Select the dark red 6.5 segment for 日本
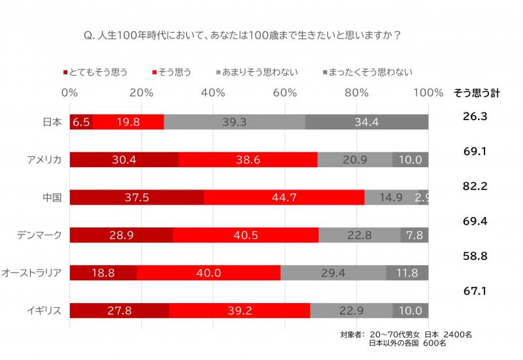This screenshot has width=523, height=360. [81, 122]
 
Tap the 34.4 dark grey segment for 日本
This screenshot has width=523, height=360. [367, 122]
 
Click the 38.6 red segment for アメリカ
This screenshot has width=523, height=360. [248, 160]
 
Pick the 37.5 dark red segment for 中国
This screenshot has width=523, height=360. [137, 197]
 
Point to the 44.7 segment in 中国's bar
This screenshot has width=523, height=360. [284, 197]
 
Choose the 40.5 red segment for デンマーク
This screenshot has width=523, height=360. [246, 235]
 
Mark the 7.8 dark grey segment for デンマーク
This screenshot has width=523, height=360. [414, 235]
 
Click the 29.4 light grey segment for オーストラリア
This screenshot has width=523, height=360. [333, 273]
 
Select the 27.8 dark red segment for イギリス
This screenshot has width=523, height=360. [119, 311]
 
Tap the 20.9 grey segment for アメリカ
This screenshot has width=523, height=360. [355, 160]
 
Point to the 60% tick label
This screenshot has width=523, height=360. [285, 93]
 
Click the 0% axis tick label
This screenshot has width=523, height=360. [70, 93]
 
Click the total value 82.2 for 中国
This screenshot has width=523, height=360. [476, 186]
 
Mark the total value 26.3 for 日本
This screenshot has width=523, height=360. [476, 116]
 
